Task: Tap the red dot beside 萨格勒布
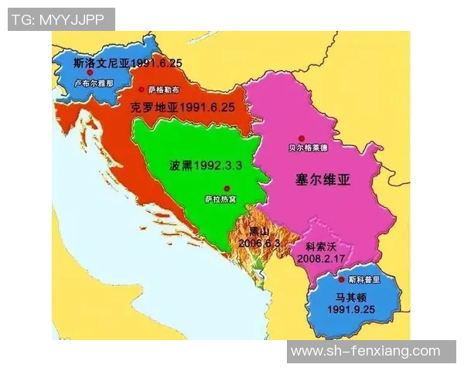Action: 142,90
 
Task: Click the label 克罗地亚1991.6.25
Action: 182,108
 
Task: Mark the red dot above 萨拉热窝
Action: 227,189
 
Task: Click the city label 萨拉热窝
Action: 220,200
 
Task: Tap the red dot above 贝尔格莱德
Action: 313,130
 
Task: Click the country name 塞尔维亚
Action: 323,182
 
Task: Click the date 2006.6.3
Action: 260,243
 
